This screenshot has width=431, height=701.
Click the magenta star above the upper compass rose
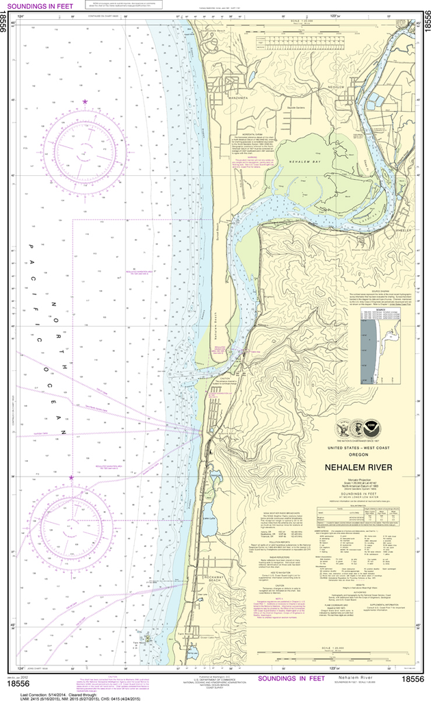(x=85, y=102)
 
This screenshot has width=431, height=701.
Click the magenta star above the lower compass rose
(x=70, y=477)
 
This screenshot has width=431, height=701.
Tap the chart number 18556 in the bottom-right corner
(x=413, y=679)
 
